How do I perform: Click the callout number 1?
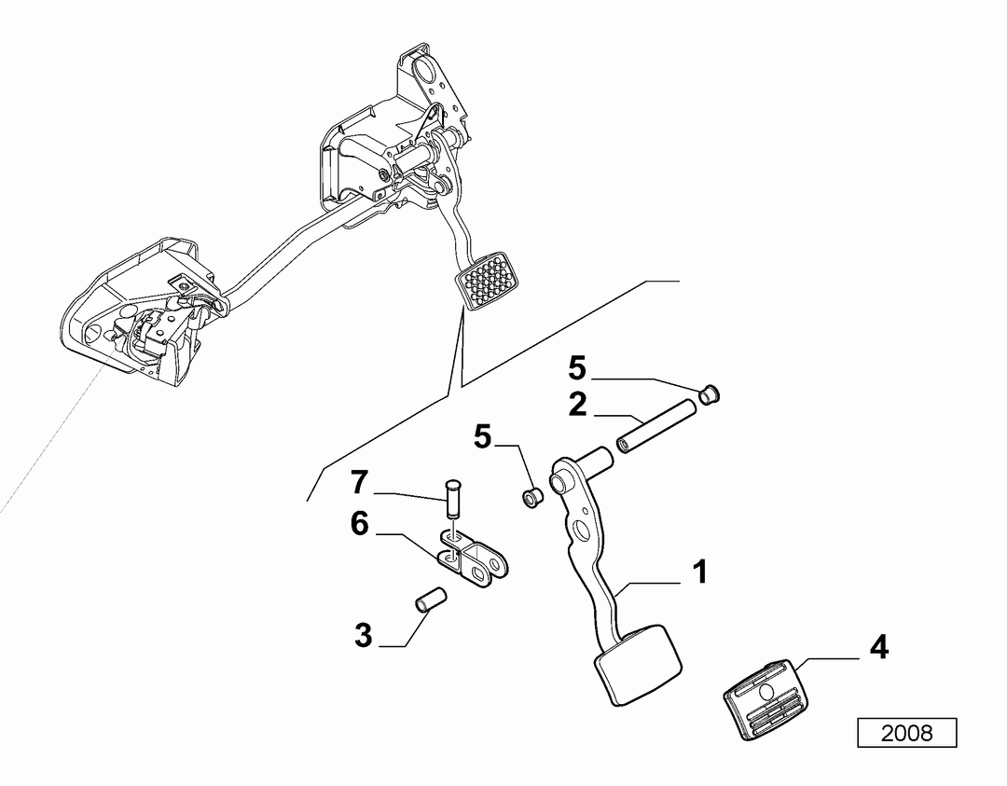tap(700, 572)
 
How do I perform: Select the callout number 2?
tap(577, 406)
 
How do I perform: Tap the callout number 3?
tap(364, 635)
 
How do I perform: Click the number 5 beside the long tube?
tap(577, 368)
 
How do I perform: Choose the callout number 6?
tap(359, 524)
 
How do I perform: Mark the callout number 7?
tap(359, 483)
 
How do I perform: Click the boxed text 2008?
tap(907, 733)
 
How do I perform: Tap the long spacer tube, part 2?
tap(655, 426)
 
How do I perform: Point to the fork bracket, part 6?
tap(476, 557)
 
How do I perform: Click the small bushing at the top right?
tap(709, 393)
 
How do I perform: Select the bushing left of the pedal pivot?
tap(531, 497)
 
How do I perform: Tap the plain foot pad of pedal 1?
tap(638, 667)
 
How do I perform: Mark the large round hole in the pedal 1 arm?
tap(584, 531)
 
